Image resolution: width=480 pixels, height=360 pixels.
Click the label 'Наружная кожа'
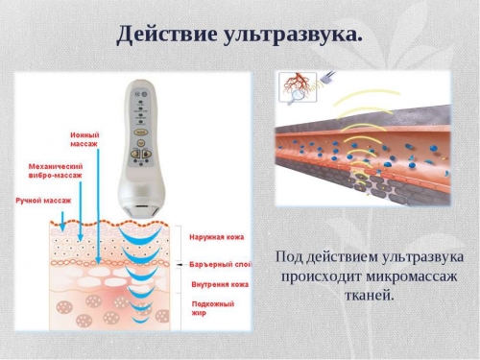[212, 233]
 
